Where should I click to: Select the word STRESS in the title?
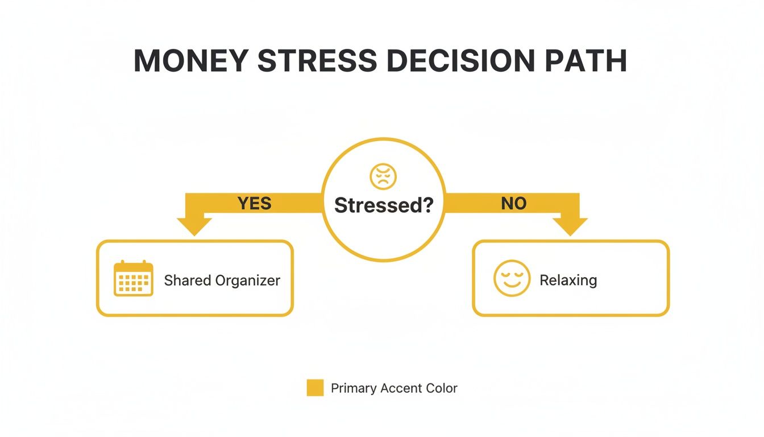point(317,61)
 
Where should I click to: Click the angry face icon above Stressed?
point(383,177)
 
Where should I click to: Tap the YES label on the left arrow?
point(254,203)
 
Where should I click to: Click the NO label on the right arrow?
point(513,203)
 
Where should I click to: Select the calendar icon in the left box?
point(134,279)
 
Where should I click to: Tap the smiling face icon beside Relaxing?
point(512,279)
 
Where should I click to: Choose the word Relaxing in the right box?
point(568,281)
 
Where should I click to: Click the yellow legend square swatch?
point(315,388)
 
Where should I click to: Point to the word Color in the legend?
point(442,389)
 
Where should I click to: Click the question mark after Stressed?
point(427,205)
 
